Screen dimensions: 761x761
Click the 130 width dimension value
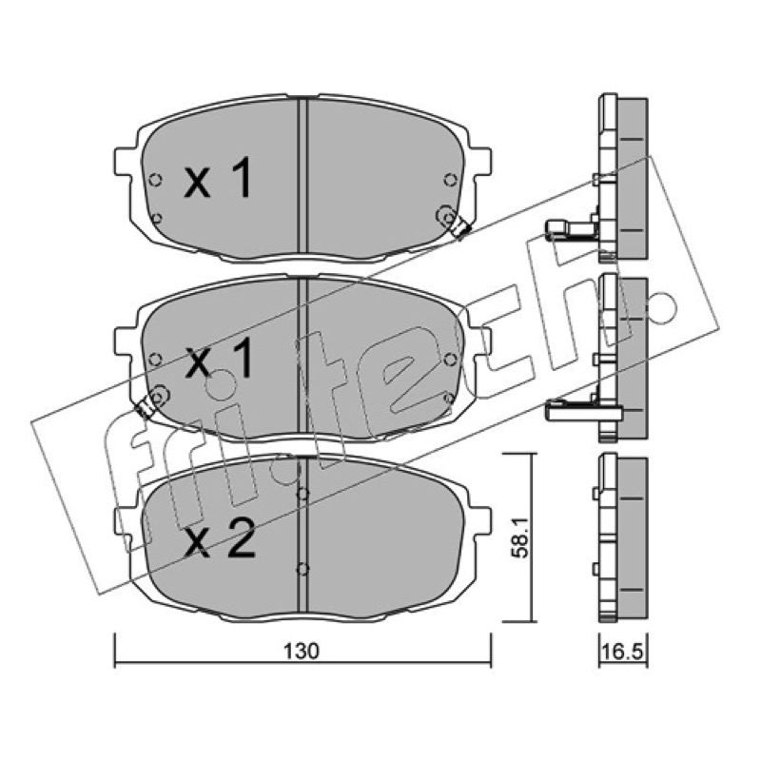coord(302,651)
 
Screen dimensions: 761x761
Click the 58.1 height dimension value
coord(521,537)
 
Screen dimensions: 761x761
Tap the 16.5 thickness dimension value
coord(623,652)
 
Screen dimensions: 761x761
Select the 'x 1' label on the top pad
coord(218,178)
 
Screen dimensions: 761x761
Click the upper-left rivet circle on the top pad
coord(155,180)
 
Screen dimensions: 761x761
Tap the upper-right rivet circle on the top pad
coord(450,180)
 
